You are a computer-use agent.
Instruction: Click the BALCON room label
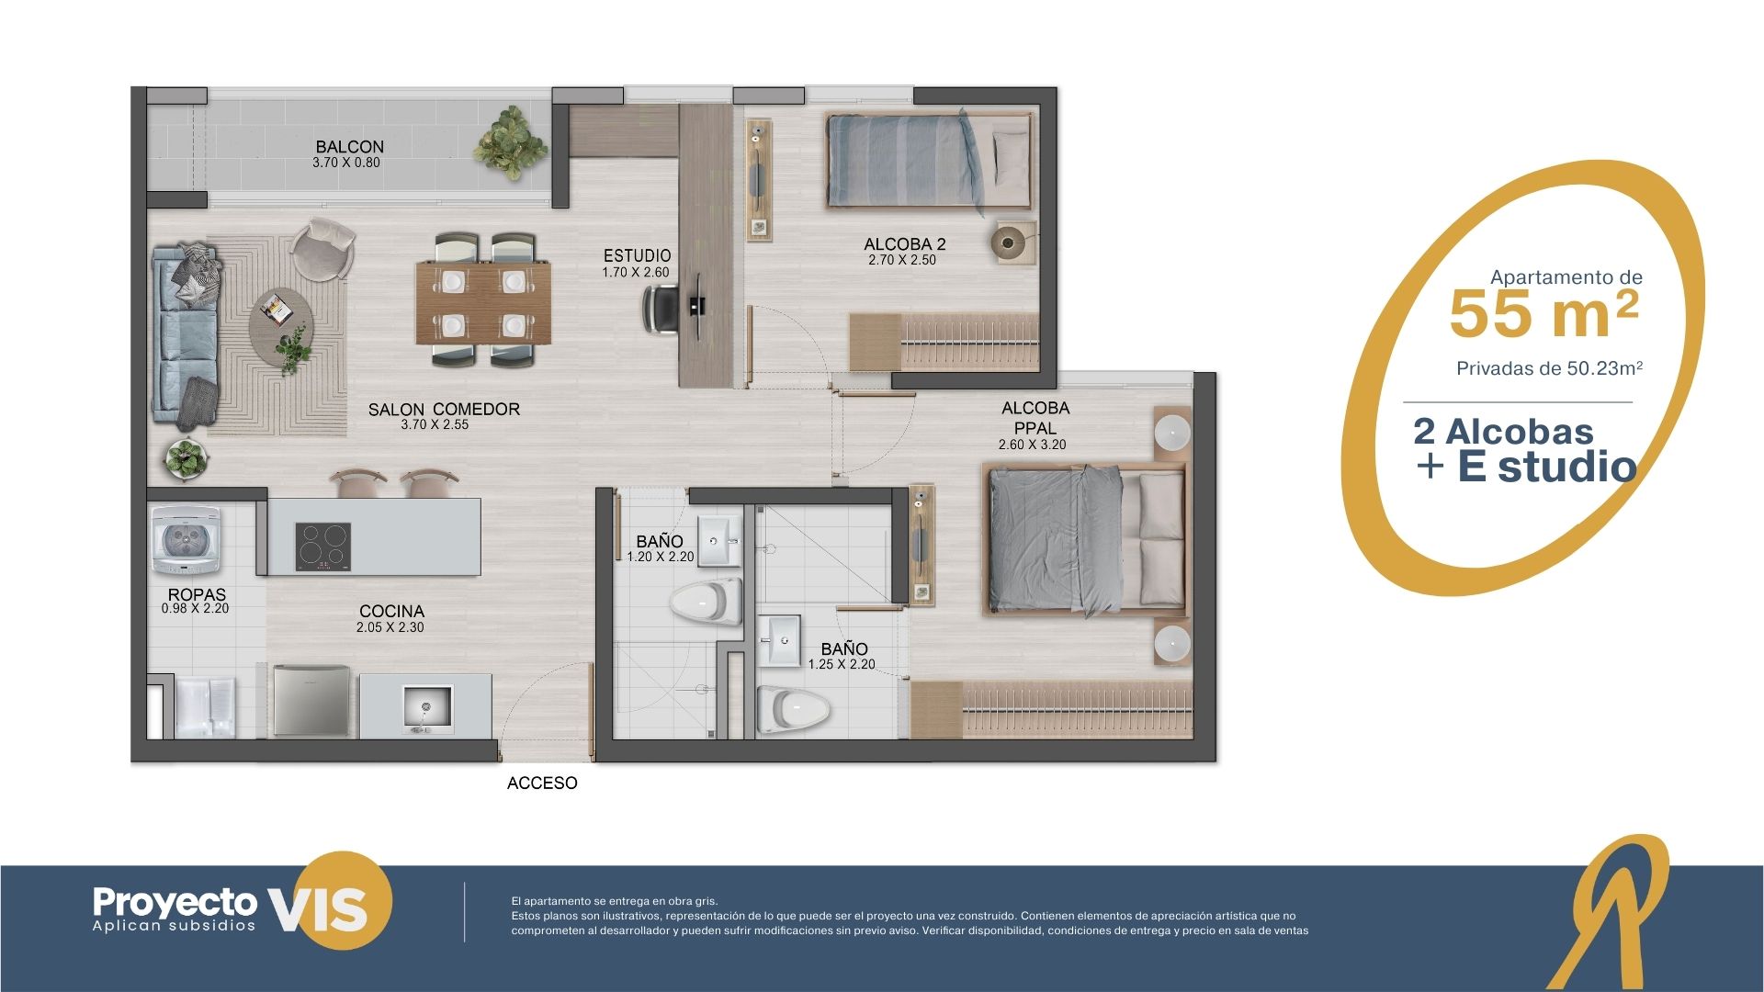[349, 147]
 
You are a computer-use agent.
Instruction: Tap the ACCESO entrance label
[542, 783]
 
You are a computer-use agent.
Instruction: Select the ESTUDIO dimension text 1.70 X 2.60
[636, 273]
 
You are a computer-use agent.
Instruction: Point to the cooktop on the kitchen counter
[323, 546]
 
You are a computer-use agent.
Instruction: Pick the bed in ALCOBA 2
[928, 160]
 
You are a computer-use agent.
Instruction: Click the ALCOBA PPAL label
[1035, 418]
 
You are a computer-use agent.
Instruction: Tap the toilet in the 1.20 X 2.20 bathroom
[706, 602]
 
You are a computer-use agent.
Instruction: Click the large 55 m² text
[1543, 314]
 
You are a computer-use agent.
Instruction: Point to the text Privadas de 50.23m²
[1549, 368]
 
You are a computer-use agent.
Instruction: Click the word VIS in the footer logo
[318, 909]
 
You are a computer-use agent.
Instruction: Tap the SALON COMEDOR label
[444, 410]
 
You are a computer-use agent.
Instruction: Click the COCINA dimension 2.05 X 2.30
[390, 627]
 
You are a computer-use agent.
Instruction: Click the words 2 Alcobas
[1503, 432]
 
